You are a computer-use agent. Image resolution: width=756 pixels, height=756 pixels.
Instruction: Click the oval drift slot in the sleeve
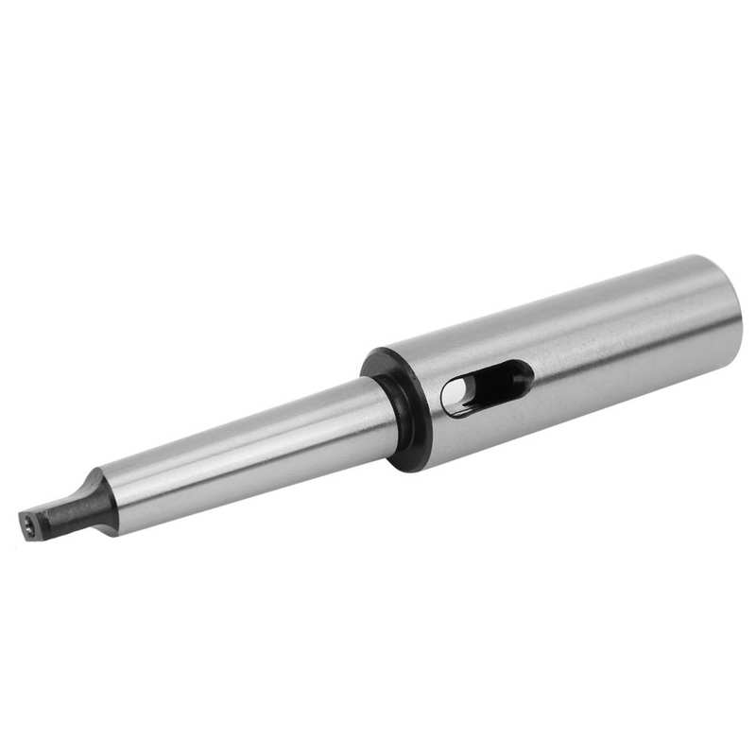(x=486, y=387)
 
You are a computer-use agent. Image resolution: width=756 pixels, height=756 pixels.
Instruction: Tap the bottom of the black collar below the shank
(x=408, y=461)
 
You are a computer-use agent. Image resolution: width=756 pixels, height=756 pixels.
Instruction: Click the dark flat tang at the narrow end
(x=66, y=510)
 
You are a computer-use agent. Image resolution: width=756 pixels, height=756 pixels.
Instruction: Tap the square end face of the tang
(x=31, y=524)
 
